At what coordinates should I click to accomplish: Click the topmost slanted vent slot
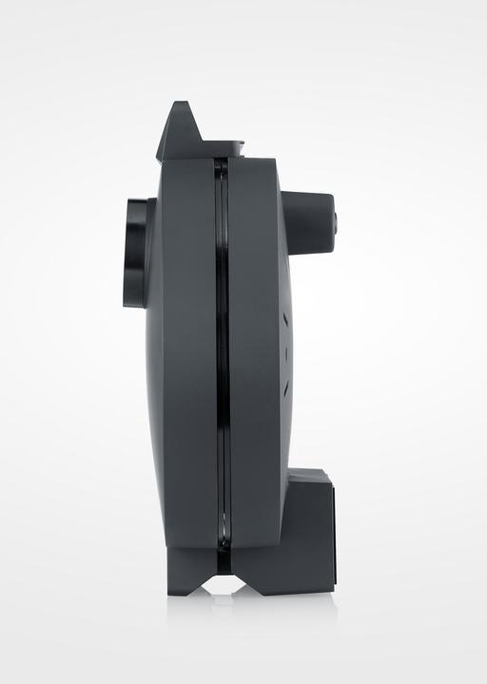284,322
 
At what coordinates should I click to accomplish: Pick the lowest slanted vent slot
284,385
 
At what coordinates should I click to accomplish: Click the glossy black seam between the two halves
221,361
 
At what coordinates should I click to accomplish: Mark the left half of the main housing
185,361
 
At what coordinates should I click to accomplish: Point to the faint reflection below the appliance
224,608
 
